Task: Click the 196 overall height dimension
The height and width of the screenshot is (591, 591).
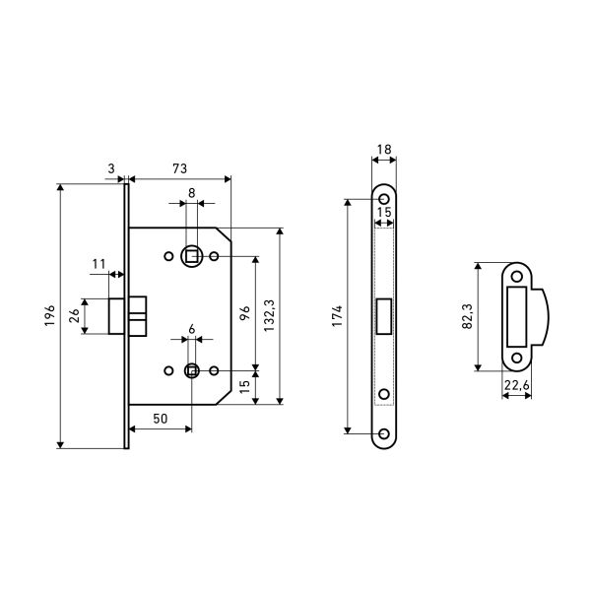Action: (x=50, y=316)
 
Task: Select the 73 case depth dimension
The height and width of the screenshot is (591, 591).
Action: (x=180, y=168)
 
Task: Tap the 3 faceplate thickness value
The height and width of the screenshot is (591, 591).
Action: (x=111, y=168)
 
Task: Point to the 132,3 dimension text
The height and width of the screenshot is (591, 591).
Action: (x=269, y=316)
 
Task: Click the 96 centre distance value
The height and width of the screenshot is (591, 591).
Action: (x=245, y=313)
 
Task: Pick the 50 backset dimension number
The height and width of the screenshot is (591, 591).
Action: (x=161, y=419)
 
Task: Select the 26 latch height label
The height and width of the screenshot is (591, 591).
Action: (x=74, y=316)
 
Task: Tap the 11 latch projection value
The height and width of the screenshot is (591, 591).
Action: (x=98, y=264)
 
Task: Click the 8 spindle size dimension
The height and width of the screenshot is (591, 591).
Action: (x=192, y=193)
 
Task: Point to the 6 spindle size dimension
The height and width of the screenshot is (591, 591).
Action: (x=192, y=329)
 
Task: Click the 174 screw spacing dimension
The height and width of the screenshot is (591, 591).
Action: (x=337, y=316)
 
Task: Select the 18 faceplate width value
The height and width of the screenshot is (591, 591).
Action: (x=384, y=150)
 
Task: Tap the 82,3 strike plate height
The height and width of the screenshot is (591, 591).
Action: (x=467, y=316)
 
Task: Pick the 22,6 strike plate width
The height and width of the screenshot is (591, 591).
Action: (x=517, y=385)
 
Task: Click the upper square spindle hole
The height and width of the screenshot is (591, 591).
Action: (x=192, y=257)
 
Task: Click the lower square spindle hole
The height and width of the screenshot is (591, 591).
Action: (x=192, y=371)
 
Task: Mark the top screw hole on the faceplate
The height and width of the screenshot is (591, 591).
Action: (x=384, y=199)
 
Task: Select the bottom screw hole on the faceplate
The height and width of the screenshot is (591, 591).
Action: (x=384, y=433)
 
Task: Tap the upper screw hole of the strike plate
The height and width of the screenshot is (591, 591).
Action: (x=517, y=277)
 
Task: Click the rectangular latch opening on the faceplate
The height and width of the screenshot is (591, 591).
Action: (x=384, y=316)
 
